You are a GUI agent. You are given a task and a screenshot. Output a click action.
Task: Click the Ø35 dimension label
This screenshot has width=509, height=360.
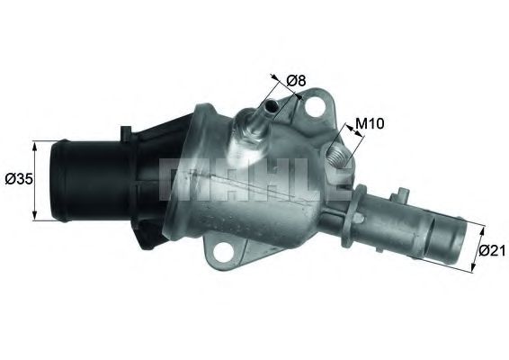click(19, 179)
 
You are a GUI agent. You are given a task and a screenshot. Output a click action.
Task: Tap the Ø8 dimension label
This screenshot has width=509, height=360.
click(297, 81)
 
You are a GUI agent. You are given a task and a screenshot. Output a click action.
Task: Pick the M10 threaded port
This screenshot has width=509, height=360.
click(339, 154)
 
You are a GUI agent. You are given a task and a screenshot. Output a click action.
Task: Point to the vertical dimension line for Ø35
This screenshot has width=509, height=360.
click(35, 179)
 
